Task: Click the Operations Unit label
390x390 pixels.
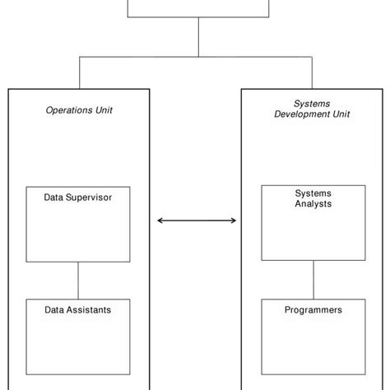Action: point(79,109)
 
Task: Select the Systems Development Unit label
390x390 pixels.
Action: point(311,109)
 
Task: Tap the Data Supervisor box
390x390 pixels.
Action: point(78,225)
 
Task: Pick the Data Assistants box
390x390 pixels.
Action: point(78,337)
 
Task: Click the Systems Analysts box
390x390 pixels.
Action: point(313,223)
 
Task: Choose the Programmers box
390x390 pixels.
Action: point(313,337)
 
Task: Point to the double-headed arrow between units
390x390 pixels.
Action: point(197,221)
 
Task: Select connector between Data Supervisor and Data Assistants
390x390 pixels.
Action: point(78,281)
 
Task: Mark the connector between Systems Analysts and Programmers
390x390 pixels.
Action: point(313,280)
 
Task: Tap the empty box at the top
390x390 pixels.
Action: point(198,7)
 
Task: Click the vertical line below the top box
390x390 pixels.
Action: point(198,37)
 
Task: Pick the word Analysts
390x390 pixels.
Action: point(313,203)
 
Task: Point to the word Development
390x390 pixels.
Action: point(303,114)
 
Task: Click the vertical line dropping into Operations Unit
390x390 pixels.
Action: point(79,72)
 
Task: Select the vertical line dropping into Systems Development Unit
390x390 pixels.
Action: point(312,72)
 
